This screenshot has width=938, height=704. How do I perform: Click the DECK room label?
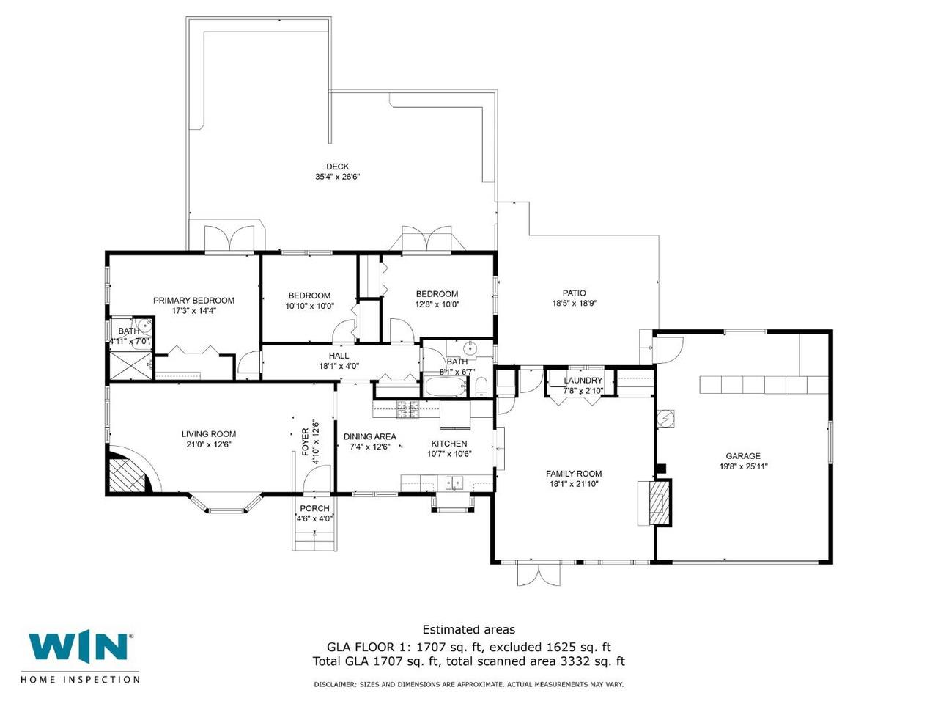337,166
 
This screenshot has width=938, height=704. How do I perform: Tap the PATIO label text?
574,293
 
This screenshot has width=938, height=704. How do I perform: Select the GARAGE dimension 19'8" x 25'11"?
743,466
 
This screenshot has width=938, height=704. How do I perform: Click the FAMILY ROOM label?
574,474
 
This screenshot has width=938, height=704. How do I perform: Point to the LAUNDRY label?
583,381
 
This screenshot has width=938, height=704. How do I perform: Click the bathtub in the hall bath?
446,387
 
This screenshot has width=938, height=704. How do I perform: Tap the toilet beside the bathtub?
481,387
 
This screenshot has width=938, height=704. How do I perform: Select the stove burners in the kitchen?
407,409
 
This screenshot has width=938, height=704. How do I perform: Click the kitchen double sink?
454,483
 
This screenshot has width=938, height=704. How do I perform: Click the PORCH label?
314,508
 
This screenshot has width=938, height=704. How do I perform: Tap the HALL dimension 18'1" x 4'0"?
339,366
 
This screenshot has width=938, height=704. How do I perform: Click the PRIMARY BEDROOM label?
193,301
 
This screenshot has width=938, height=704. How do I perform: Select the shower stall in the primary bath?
130,365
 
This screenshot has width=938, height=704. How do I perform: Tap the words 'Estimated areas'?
469,630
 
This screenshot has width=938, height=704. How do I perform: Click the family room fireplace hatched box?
659,502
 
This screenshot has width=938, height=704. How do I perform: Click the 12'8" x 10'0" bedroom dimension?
437,304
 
